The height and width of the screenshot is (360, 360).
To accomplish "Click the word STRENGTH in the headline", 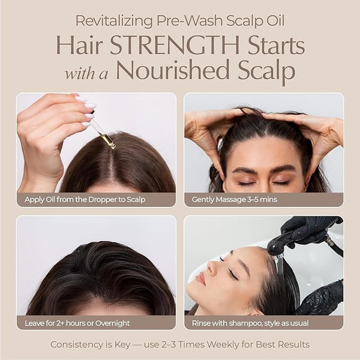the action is coord(175,45).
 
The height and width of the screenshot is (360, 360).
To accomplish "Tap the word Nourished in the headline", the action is coord(173,70).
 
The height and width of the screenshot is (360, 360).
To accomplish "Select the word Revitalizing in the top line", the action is coord(114,21).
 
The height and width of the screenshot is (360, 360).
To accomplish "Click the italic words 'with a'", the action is coord(86,74).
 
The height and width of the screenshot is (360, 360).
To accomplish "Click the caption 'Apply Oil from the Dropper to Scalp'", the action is coord(85,200).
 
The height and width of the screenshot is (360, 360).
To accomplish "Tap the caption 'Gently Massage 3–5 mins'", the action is coord(235,200).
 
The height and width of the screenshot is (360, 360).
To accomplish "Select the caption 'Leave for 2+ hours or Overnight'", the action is coord(77,323).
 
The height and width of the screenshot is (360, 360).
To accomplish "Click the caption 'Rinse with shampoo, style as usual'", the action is coord(250,323).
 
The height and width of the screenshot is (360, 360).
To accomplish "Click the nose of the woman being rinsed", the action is coord(212,266).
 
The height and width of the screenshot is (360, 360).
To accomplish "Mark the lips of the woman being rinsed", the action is coord(200,278).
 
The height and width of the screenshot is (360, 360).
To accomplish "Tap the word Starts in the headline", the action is coord(276,45).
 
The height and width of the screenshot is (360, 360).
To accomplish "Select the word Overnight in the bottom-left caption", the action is coord(113,323).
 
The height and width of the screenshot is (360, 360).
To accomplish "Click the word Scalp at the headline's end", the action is coord(266,71).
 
